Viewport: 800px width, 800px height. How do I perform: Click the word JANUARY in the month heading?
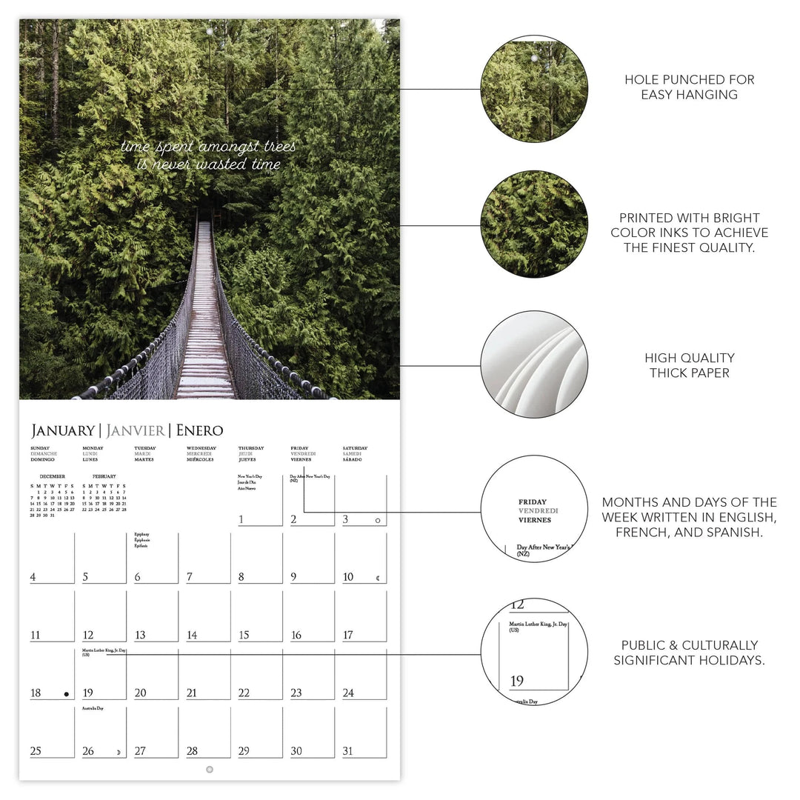(x=62, y=430)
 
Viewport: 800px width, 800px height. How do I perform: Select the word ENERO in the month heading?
(x=199, y=430)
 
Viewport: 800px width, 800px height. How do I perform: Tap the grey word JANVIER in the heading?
(x=136, y=430)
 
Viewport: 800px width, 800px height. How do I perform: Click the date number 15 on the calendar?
(x=244, y=635)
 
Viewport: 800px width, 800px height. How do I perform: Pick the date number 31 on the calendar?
(x=348, y=751)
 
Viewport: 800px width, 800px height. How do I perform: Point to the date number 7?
(x=190, y=577)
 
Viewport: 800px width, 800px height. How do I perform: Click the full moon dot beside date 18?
(x=67, y=694)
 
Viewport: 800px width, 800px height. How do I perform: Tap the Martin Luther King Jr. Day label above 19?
(x=104, y=651)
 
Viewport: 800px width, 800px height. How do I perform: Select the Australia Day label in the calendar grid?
(x=93, y=709)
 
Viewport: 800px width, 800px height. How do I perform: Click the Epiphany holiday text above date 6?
(x=141, y=534)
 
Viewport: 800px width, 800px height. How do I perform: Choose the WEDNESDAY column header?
(x=201, y=448)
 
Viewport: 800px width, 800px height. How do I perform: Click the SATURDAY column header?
(x=355, y=448)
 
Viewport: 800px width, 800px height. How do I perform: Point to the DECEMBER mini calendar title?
(x=52, y=476)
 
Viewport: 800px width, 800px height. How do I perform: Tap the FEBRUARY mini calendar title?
(x=104, y=476)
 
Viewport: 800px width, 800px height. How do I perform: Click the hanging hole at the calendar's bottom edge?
(x=210, y=770)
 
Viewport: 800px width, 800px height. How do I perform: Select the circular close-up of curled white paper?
(x=534, y=364)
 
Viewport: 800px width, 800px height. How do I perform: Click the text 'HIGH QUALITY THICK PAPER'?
(x=689, y=365)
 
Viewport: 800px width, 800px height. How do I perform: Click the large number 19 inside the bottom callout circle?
(x=516, y=681)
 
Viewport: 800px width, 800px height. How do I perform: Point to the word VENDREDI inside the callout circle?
(x=538, y=511)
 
